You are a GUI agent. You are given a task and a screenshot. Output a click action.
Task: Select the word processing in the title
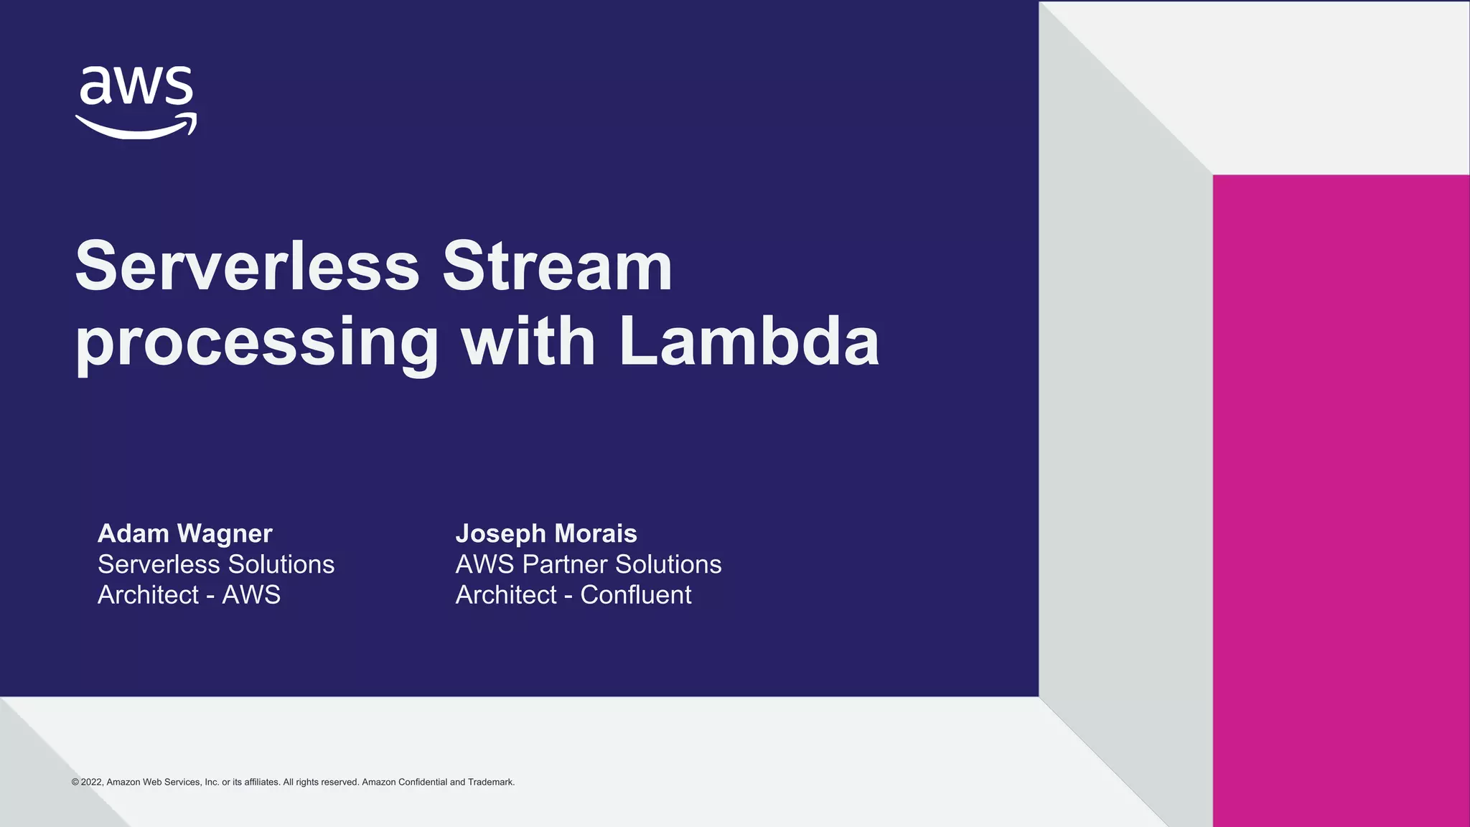(x=257, y=343)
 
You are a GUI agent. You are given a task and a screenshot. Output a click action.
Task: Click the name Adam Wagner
(x=185, y=533)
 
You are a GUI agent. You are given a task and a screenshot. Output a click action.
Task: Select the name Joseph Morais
(x=546, y=533)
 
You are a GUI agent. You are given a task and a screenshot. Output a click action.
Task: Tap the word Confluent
(x=635, y=595)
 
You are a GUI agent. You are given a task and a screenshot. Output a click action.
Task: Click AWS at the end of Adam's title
(x=251, y=595)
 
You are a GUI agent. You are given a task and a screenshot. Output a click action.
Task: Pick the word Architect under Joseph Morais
(x=506, y=595)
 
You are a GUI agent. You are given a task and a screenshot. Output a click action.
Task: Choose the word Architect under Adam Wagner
(x=148, y=595)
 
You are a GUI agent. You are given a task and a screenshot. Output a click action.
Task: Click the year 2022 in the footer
(x=92, y=782)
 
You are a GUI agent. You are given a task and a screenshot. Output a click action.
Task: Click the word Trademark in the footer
(x=491, y=782)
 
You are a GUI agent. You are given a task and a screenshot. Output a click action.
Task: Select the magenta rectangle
(x=1341, y=500)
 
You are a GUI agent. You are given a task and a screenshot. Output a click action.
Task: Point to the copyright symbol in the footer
(x=75, y=782)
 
